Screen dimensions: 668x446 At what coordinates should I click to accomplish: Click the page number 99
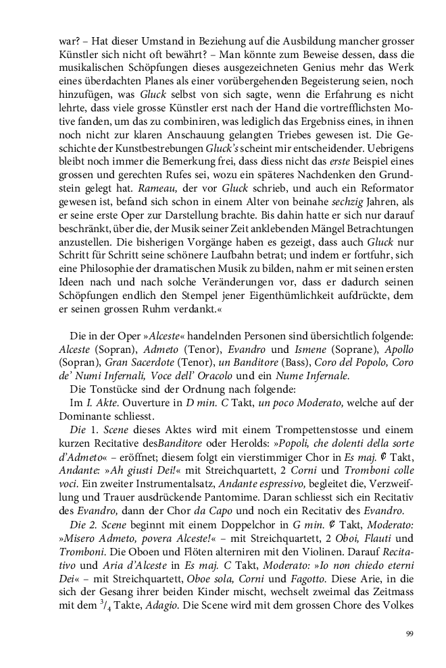(x=410, y=633)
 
